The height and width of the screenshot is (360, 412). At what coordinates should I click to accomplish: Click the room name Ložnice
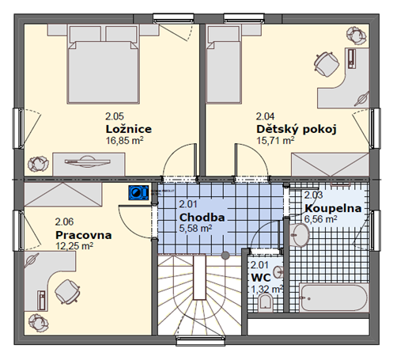pyautogui.click(x=128, y=129)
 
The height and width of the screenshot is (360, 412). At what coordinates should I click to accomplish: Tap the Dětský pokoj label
pyautogui.click(x=297, y=129)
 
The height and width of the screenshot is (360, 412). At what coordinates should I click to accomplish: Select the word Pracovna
pyautogui.click(x=83, y=235)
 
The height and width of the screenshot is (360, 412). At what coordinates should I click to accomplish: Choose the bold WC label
pyautogui.click(x=261, y=279)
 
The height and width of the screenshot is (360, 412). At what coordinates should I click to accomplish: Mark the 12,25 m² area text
pyautogui.click(x=74, y=246)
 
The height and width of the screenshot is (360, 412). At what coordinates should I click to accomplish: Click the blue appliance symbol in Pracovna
pyautogui.click(x=138, y=191)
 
